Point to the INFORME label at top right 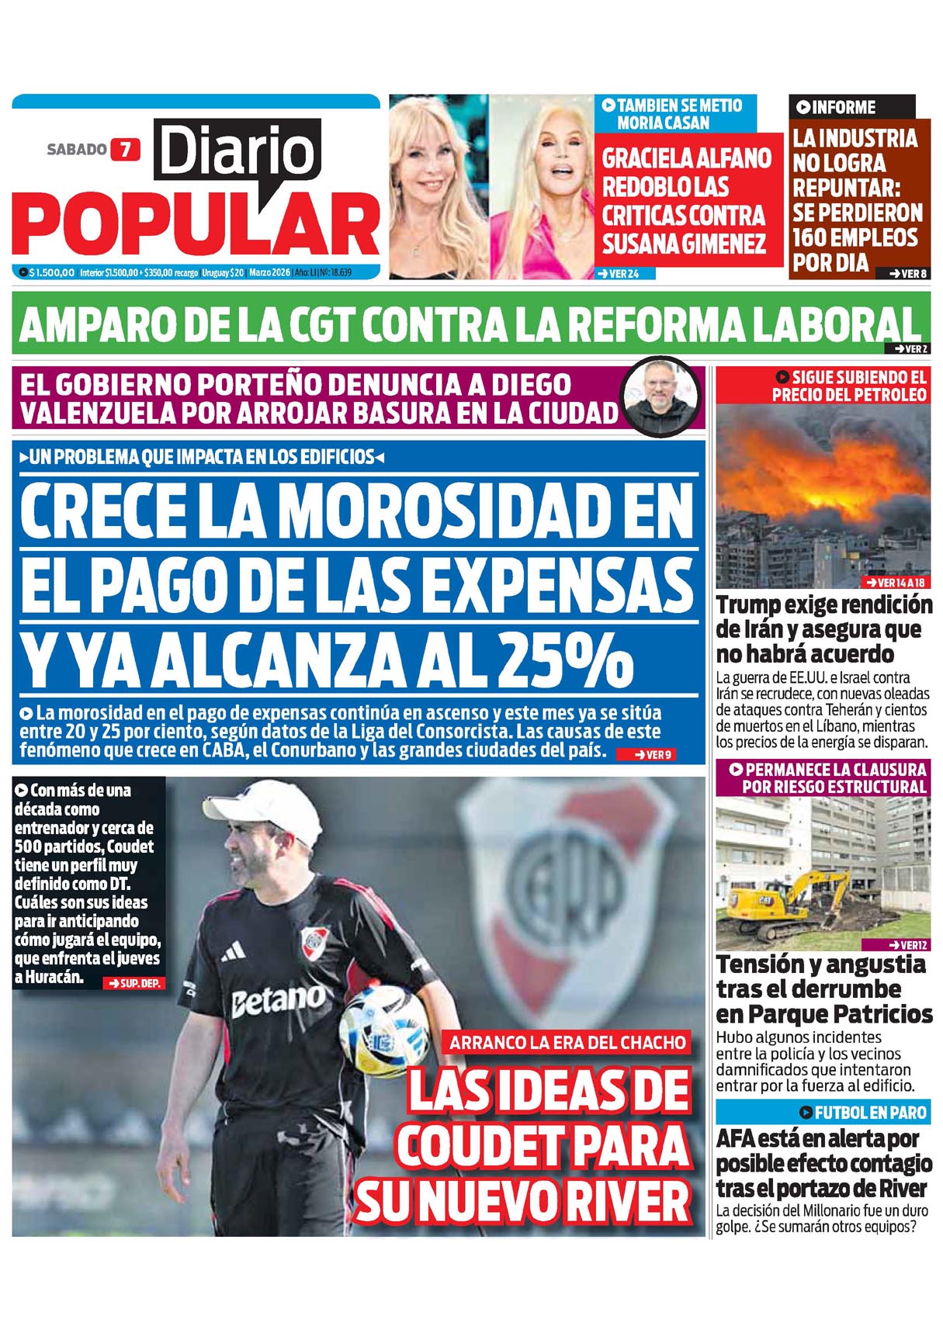point(837,107)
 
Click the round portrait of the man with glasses point(662,396)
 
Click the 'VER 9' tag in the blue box point(654,754)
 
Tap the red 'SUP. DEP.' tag point(134,983)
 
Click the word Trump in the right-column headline point(749,605)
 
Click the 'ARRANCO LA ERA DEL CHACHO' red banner point(567,1042)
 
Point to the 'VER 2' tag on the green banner point(910,349)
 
